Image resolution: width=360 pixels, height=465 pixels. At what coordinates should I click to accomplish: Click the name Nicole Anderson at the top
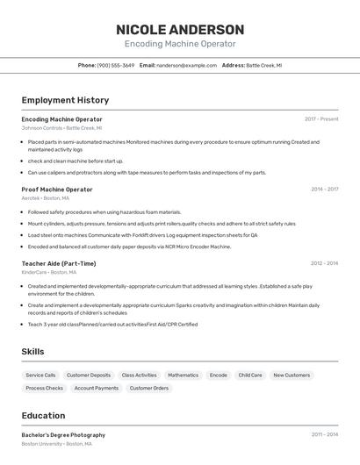pyautogui.click(x=180, y=30)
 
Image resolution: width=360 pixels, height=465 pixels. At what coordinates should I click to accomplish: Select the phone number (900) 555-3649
pyautogui.click(x=116, y=65)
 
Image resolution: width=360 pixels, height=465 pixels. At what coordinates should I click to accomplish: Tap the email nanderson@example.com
pyautogui.click(x=186, y=65)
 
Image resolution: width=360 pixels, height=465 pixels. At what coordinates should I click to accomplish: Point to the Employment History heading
pyautogui.click(x=65, y=100)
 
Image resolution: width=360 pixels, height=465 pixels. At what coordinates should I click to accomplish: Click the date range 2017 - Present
pyautogui.click(x=321, y=118)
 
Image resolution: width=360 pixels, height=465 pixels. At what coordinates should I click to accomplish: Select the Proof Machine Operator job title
pyautogui.click(x=57, y=189)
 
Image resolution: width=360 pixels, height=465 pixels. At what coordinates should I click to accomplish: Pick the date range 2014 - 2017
pyautogui.click(x=324, y=189)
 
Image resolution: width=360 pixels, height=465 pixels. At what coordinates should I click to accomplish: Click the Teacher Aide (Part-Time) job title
pyautogui.click(x=59, y=263)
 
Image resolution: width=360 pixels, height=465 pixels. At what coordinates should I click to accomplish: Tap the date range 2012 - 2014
pyautogui.click(x=324, y=263)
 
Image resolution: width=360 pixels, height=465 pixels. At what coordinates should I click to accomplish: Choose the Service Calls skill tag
pyautogui.click(x=40, y=375)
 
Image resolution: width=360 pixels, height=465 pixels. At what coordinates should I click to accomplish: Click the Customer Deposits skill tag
pyautogui.click(x=89, y=375)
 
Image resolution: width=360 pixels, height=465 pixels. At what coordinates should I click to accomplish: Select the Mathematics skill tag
pyautogui.click(x=183, y=375)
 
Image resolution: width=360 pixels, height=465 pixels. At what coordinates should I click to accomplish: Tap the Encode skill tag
pyautogui.click(x=218, y=375)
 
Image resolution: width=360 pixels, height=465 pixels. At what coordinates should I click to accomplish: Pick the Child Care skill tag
pyautogui.click(x=250, y=375)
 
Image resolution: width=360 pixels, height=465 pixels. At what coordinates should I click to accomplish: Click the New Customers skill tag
pyautogui.click(x=292, y=375)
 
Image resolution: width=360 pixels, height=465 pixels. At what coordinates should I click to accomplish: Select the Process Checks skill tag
pyautogui.click(x=44, y=388)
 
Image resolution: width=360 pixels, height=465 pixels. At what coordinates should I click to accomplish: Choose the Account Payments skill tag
pyautogui.click(x=97, y=388)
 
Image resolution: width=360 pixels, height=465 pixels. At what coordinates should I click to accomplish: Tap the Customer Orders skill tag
pyautogui.click(x=149, y=388)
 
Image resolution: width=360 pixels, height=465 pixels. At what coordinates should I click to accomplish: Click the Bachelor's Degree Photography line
pyautogui.click(x=63, y=434)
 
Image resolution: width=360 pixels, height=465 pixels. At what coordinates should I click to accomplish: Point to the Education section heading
pyautogui.click(x=43, y=416)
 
